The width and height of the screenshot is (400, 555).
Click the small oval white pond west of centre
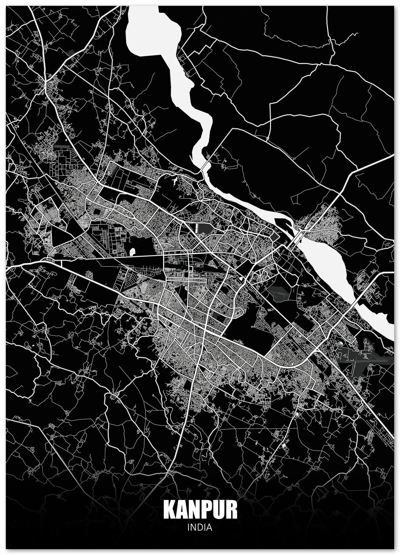132,251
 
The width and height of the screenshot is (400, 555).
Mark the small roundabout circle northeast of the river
268,137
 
